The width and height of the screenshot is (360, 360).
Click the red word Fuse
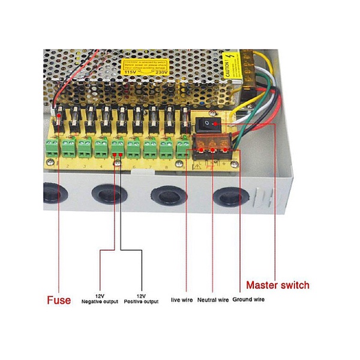coord(59,300)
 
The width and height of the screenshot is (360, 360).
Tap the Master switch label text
coord(278,285)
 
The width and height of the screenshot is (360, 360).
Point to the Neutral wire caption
coord(213,299)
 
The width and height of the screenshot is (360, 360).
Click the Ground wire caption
coord(248,299)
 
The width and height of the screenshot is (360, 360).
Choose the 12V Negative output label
coord(100,298)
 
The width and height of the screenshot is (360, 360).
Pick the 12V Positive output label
coord(142,298)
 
